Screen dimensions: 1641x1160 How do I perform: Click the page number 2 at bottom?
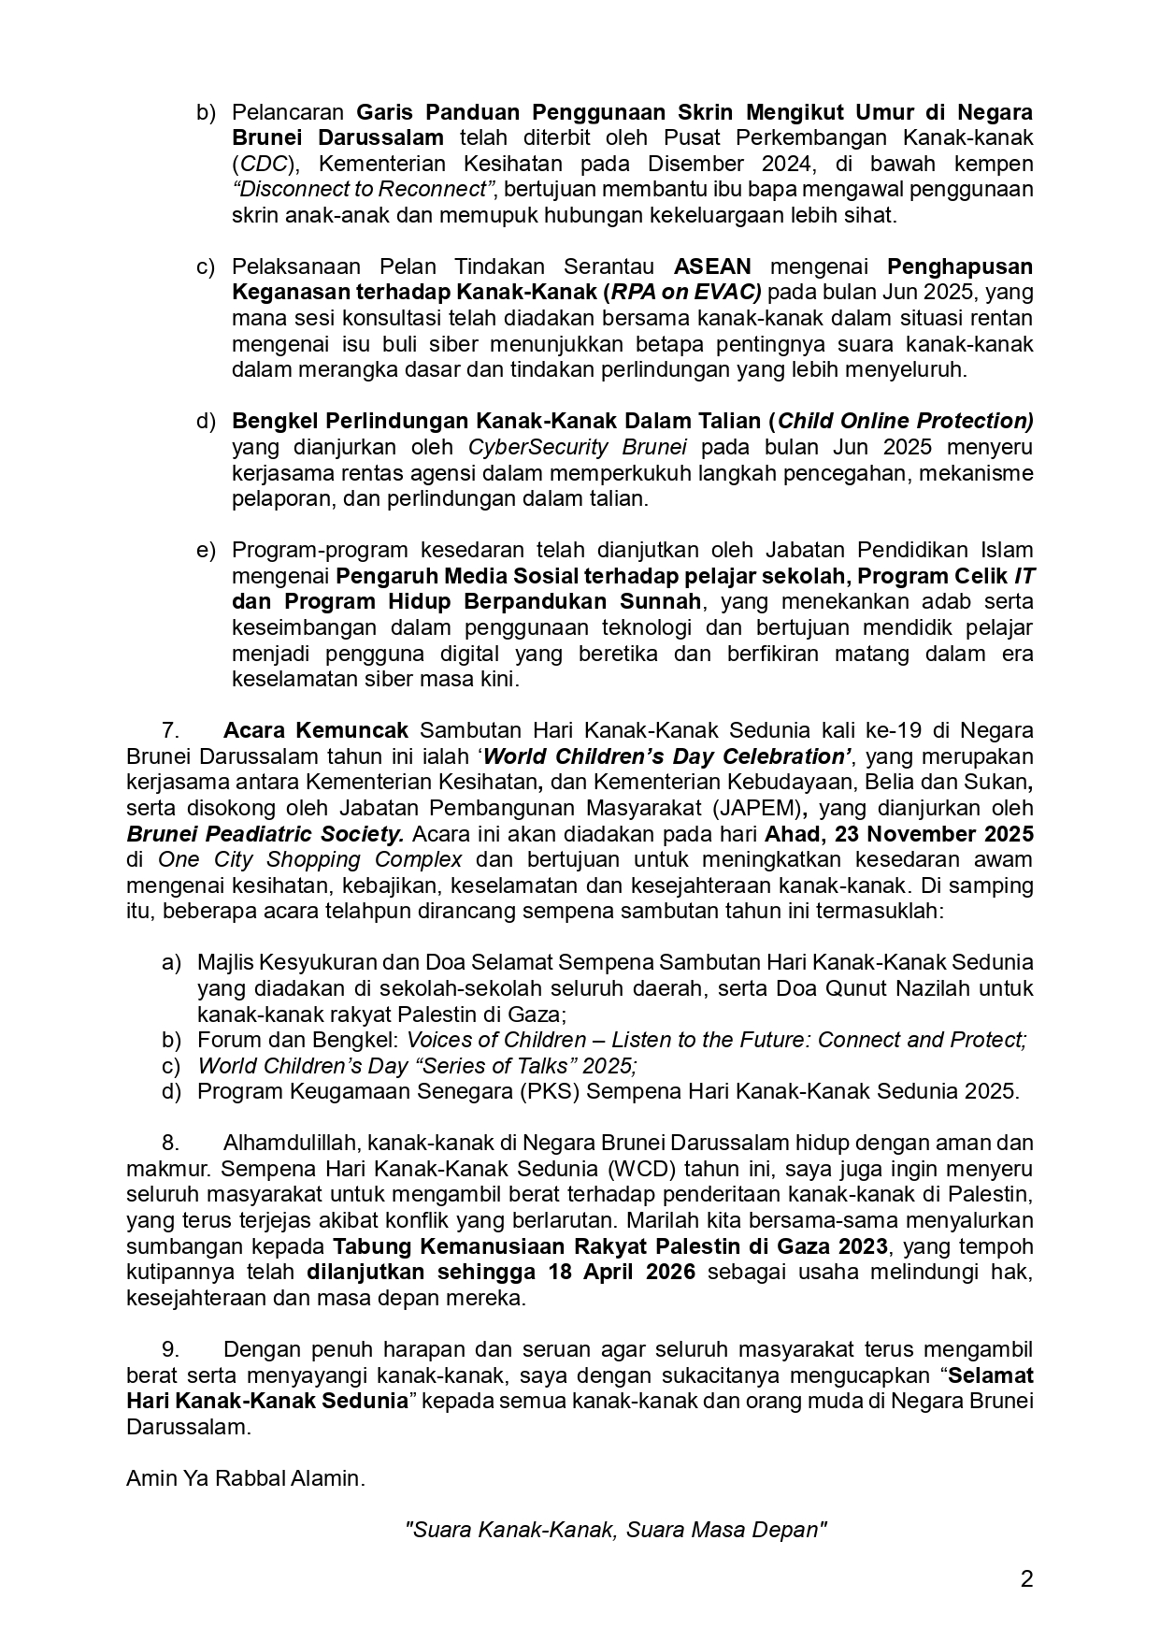pyautogui.click(x=1026, y=1579)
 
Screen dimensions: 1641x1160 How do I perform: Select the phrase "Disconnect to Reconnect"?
pyautogui.click(x=363, y=190)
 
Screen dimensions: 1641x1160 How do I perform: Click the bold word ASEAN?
pyautogui.click(x=712, y=266)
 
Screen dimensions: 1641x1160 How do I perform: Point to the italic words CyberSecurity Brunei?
pyautogui.click(x=578, y=447)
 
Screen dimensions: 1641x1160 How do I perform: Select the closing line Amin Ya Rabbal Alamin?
pyautogui.click(x=245, y=1478)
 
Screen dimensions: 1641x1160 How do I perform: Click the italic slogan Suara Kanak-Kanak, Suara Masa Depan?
pyautogui.click(x=616, y=1530)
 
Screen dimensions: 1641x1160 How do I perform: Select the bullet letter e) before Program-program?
pyautogui.click(x=206, y=550)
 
